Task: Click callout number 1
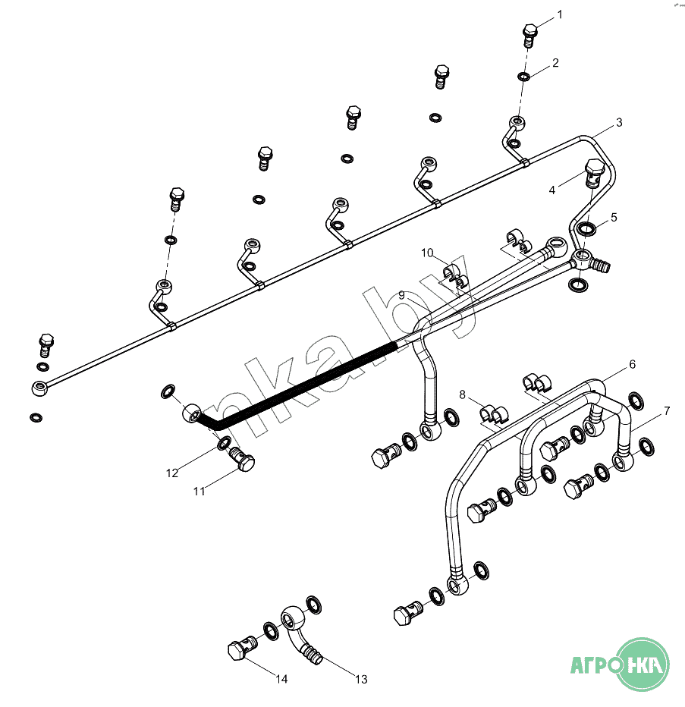click(561, 14)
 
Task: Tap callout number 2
click(555, 63)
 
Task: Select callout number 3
click(619, 122)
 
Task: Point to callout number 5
click(614, 217)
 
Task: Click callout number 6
click(632, 365)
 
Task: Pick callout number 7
click(667, 411)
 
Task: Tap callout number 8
click(462, 394)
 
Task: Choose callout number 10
click(427, 252)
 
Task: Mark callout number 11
click(199, 492)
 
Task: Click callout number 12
click(172, 473)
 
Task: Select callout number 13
click(361, 679)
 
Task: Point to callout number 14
click(281, 679)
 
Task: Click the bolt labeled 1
click(530, 33)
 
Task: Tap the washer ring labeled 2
click(523, 76)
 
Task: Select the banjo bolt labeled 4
click(593, 177)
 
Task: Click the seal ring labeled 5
click(586, 228)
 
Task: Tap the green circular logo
click(642, 664)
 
